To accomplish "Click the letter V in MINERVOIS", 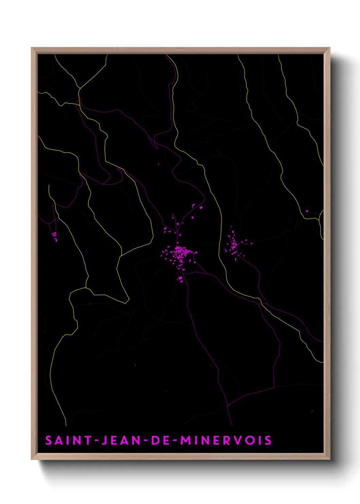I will [x=240, y=440].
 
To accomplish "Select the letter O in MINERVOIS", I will [x=252, y=440].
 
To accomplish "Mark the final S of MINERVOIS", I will [x=268, y=440].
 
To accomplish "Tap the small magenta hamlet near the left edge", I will [x=54, y=235].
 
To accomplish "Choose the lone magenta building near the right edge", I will [x=307, y=211].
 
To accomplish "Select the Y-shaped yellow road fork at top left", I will [x=79, y=89].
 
